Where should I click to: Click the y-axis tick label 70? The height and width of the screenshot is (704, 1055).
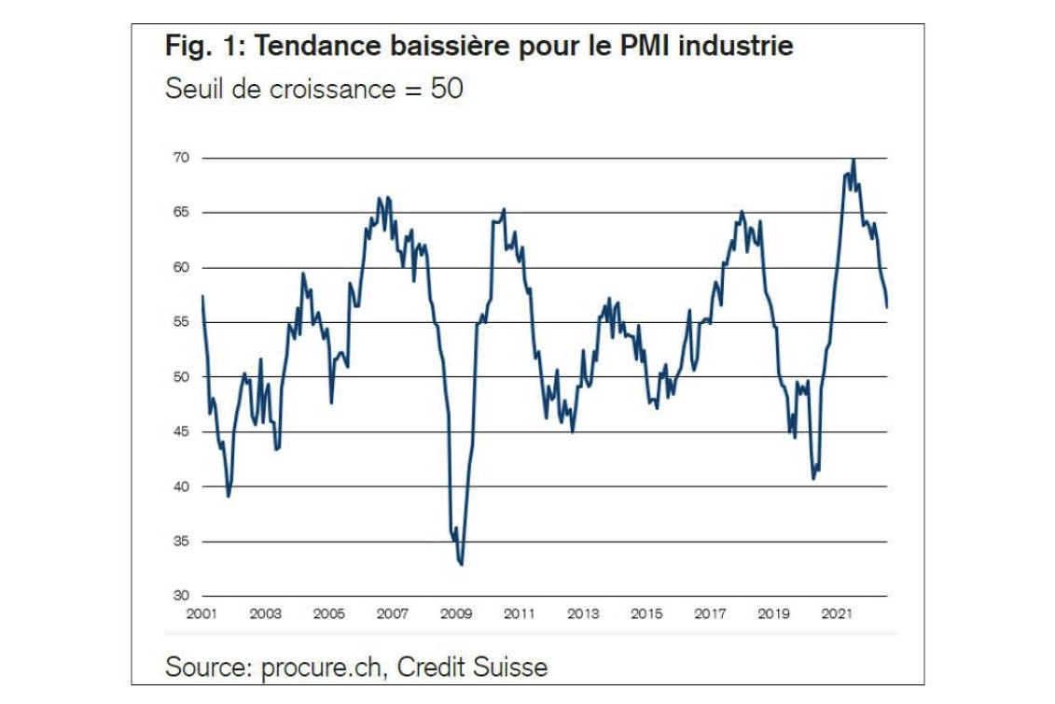pos(182,158)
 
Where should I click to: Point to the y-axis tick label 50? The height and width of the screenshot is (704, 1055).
pos(182,376)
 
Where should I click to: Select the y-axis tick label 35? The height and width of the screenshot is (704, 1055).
pos(182,541)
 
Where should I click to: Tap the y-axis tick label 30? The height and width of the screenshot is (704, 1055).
pos(182,596)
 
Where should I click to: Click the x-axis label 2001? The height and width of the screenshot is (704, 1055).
pos(201,613)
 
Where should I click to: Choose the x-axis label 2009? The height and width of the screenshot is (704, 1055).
pos(455,613)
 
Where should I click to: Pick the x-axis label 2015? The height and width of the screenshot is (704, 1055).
pos(646,613)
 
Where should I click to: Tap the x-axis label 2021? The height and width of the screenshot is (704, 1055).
pos(837,613)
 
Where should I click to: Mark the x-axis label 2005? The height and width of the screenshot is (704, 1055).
pos(328,613)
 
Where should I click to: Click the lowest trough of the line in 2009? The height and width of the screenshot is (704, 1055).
pos(462,564)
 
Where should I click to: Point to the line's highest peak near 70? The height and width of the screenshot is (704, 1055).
pos(854,160)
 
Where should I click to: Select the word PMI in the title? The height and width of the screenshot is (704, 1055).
pos(645,46)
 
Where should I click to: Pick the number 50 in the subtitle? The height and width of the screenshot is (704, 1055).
pos(447,89)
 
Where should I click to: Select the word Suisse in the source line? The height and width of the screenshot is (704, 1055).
pos(509,667)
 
